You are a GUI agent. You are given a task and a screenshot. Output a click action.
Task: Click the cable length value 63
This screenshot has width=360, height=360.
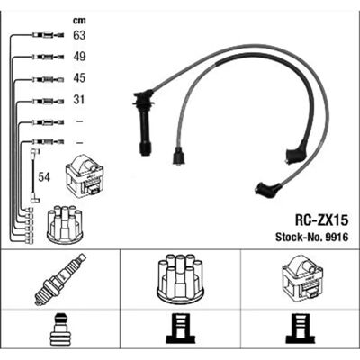coord(79,35)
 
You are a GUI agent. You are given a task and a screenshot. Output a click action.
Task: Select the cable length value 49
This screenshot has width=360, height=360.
coord(79,57)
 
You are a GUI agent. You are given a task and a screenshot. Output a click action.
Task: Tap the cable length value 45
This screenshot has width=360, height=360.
coord(79,78)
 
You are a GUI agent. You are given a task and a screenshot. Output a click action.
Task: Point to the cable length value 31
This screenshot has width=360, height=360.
coord(79,100)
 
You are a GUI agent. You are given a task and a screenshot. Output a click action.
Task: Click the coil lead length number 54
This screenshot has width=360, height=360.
coord(44,177)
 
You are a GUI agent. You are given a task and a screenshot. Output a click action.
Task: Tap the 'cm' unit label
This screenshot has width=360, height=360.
coord(79,21)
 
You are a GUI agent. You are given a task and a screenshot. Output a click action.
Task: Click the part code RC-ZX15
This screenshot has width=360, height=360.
coord(321,220)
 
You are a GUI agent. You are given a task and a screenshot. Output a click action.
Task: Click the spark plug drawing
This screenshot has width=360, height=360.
coord(60,279)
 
